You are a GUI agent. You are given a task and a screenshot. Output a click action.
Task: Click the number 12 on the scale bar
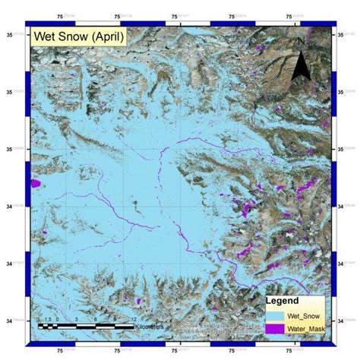[133, 319]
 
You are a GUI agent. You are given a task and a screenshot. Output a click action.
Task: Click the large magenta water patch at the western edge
[35, 183]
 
